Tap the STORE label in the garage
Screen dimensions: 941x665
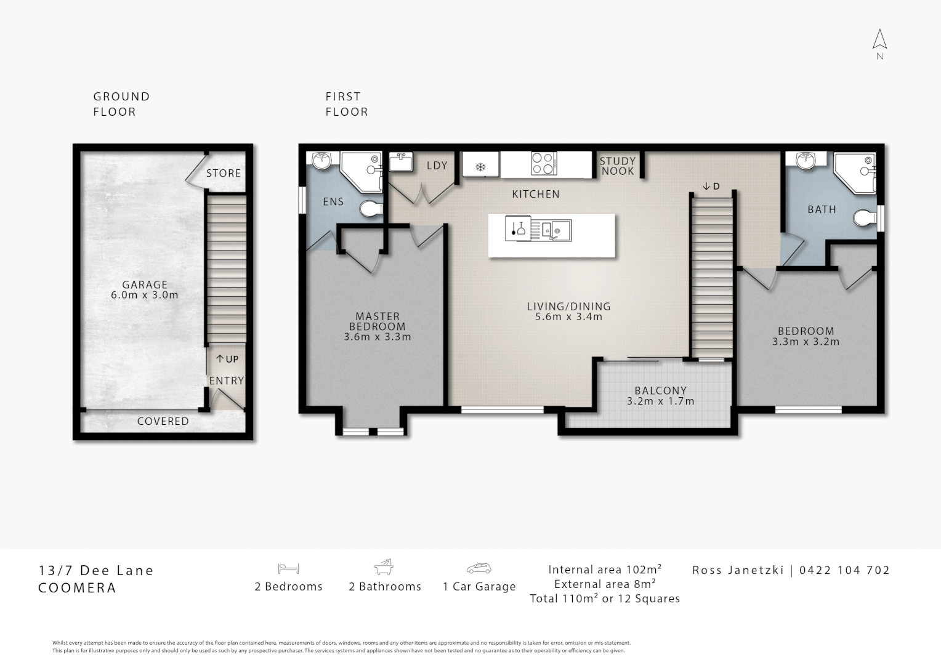[224, 173]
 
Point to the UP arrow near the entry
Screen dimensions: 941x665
[220, 359]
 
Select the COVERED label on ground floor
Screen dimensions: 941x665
[163, 421]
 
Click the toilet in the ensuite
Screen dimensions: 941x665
[371, 208]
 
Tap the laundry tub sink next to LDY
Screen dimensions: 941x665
[401, 162]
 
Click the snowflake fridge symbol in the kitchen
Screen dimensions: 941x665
[480, 167]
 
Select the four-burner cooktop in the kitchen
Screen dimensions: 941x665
[544, 163]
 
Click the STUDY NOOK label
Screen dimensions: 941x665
[618, 166]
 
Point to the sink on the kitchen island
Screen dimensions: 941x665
[557, 230]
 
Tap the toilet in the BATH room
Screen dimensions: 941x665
[865, 218]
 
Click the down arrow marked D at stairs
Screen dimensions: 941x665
[706, 186]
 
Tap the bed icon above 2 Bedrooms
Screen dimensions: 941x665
[288, 568]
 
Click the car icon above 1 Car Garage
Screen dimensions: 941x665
[479, 568]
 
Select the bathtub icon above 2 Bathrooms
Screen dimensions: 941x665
[384, 566]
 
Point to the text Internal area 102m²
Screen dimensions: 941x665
[605, 569]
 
